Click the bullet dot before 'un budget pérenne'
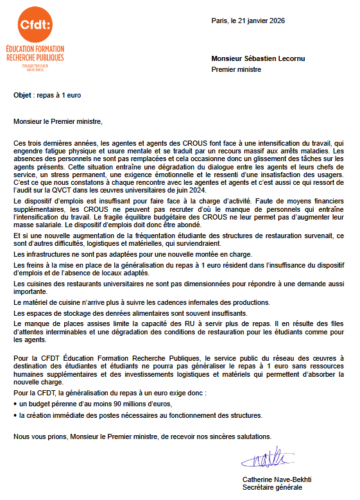point(15,404)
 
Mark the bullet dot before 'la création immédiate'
point(15,416)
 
